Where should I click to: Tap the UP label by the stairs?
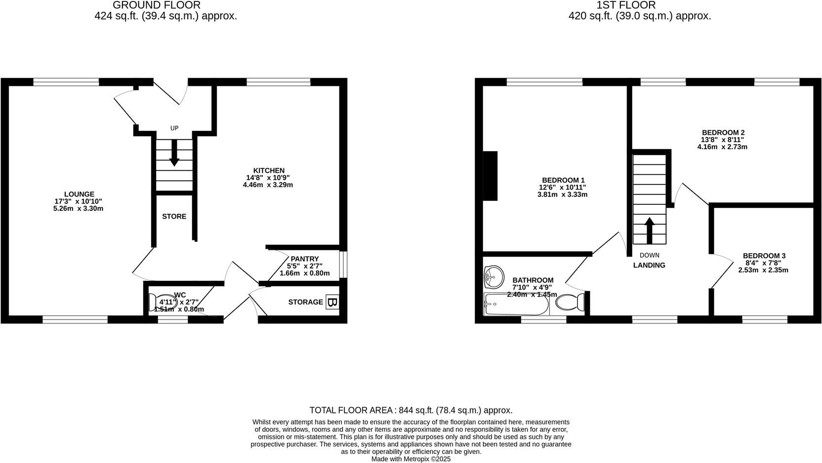coord(174,128)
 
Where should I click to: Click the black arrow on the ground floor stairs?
coord(174,154)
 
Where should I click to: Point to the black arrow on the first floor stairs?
coord(650,230)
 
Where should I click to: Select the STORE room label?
coord(174,216)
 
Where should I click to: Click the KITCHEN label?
coord(269,170)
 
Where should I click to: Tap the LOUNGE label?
coord(79,194)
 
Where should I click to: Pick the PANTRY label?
coord(305,259)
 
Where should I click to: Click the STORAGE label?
coord(306,302)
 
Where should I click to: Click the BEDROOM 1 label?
coord(563,180)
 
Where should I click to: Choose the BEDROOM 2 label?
coord(723,132)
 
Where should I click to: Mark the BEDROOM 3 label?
coord(764,256)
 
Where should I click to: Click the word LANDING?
coord(649,265)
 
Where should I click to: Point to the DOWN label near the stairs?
coord(649,255)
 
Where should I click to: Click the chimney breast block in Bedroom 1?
coord(490,175)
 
